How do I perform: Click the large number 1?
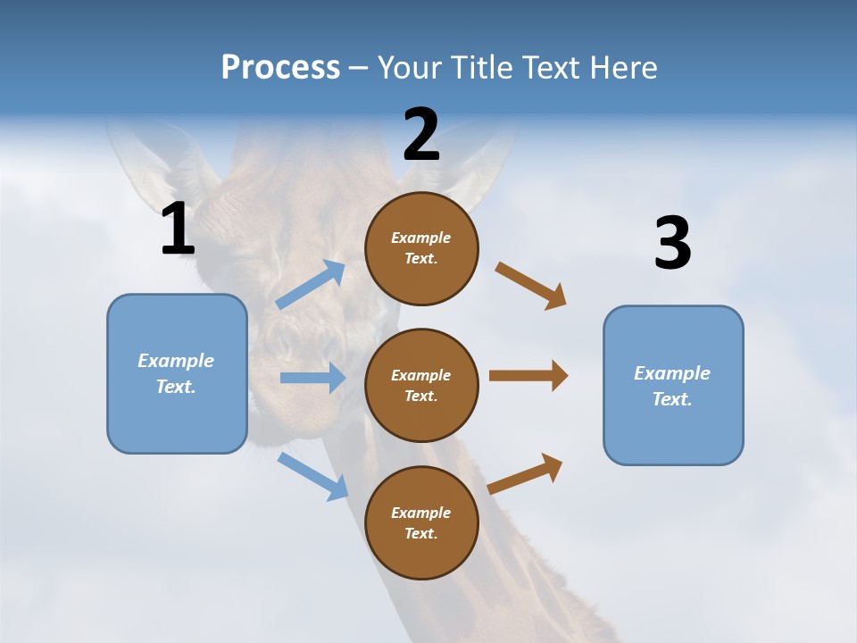[x=178, y=230]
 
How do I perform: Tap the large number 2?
[x=421, y=135]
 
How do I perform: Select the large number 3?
[x=672, y=244]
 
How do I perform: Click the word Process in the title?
[x=280, y=67]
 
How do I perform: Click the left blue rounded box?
[x=177, y=373]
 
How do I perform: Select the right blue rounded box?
[x=673, y=385]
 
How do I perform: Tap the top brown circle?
[x=421, y=248]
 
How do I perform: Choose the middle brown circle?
[x=421, y=385]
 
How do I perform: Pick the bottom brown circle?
[x=421, y=522]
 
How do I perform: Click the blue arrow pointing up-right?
[x=311, y=285]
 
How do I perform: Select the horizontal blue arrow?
[x=312, y=378]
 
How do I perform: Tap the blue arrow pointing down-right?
[x=312, y=476]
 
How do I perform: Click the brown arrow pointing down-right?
[x=531, y=286]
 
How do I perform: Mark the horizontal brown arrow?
[x=528, y=376]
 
